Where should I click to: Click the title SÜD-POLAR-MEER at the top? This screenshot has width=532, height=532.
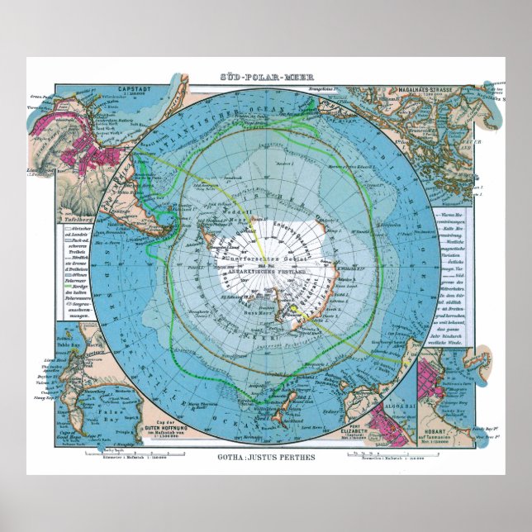266,78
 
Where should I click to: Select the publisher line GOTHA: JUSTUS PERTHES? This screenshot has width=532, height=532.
265,456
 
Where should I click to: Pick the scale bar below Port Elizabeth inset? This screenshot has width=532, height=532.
367,454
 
